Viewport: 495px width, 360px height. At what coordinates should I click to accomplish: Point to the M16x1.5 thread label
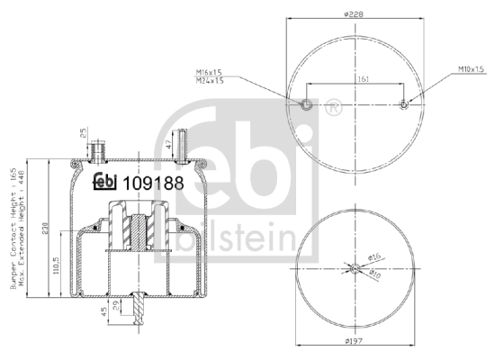coord(209,71)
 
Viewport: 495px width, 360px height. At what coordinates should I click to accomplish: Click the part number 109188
coord(153,183)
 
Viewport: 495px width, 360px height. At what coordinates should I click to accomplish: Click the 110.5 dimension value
coord(56,265)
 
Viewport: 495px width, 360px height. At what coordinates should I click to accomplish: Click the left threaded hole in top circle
coord(307,104)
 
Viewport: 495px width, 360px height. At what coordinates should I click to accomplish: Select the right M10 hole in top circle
coord(404,104)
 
